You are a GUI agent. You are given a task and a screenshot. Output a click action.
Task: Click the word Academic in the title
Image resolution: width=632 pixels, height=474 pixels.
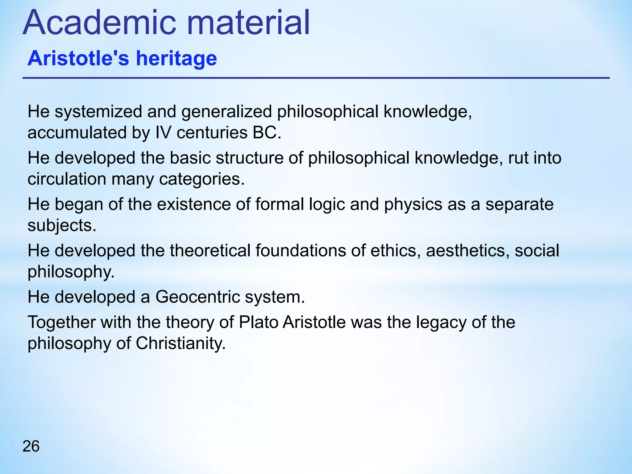(x=99, y=23)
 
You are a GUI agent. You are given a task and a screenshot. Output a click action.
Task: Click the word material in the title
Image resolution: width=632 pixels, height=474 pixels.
(x=248, y=23)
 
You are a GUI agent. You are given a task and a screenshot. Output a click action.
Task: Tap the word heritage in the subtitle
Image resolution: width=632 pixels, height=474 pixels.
(x=177, y=59)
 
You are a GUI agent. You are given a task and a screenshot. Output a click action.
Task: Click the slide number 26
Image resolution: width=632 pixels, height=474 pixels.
(x=31, y=447)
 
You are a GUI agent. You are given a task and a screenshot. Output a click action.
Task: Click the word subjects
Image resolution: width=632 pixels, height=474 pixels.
(x=62, y=226)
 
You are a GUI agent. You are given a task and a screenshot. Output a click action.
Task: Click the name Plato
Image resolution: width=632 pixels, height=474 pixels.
(x=259, y=322)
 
